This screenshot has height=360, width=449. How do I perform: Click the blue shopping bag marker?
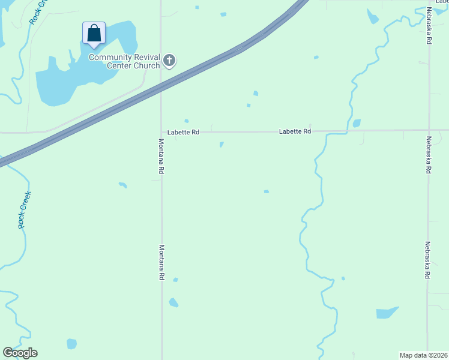94,34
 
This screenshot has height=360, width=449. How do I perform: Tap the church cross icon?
169,60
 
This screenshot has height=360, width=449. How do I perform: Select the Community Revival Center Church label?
124,61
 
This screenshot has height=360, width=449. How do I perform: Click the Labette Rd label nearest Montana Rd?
183,132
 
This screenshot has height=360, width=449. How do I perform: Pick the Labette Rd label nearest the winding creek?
295,131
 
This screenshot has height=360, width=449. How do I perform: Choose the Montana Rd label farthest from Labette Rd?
161,262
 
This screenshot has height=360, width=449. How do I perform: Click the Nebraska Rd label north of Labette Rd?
429,26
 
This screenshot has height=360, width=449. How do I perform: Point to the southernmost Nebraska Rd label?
428,260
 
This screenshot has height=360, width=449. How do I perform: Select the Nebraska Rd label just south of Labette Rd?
429,155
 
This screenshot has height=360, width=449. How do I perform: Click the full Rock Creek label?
24,209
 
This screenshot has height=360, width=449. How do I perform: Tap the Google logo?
20,353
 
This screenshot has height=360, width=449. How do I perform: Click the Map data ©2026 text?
424,355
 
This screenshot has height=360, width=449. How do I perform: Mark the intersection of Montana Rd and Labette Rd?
161,132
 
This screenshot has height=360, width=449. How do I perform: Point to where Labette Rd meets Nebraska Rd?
429,130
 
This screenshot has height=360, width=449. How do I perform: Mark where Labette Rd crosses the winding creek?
346,130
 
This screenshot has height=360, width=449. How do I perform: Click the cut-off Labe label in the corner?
441,2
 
